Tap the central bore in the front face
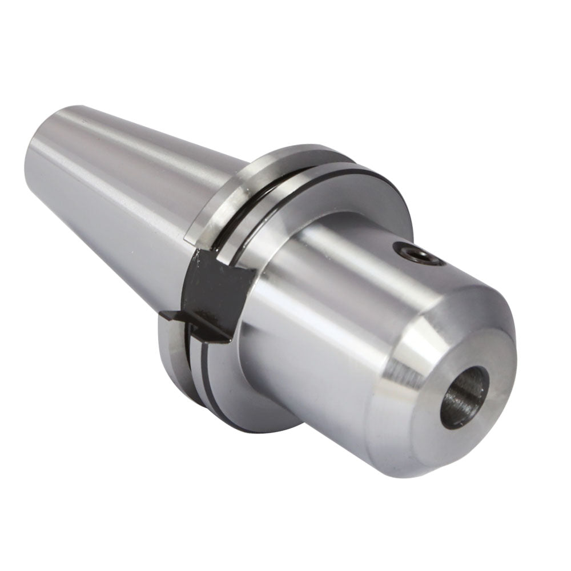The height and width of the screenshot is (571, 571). pyautogui.click(x=464, y=396)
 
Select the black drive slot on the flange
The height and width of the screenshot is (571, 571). pyautogui.click(x=217, y=294)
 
